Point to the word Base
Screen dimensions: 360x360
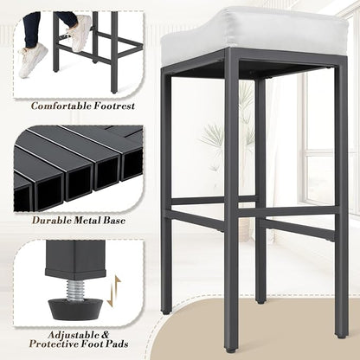pos(114,221)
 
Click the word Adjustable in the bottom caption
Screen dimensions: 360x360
pos(72,335)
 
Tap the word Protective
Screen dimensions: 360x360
pos(57,344)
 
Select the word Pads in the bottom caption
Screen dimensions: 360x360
pos(118,344)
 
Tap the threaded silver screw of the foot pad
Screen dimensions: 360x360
pos(75,291)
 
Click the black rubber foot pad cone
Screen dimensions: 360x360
pos(75,309)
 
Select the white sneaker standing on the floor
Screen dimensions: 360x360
pos(33,61)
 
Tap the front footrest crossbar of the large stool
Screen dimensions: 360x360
pos(288,211)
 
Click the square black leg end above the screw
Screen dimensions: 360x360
pos(75,259)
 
